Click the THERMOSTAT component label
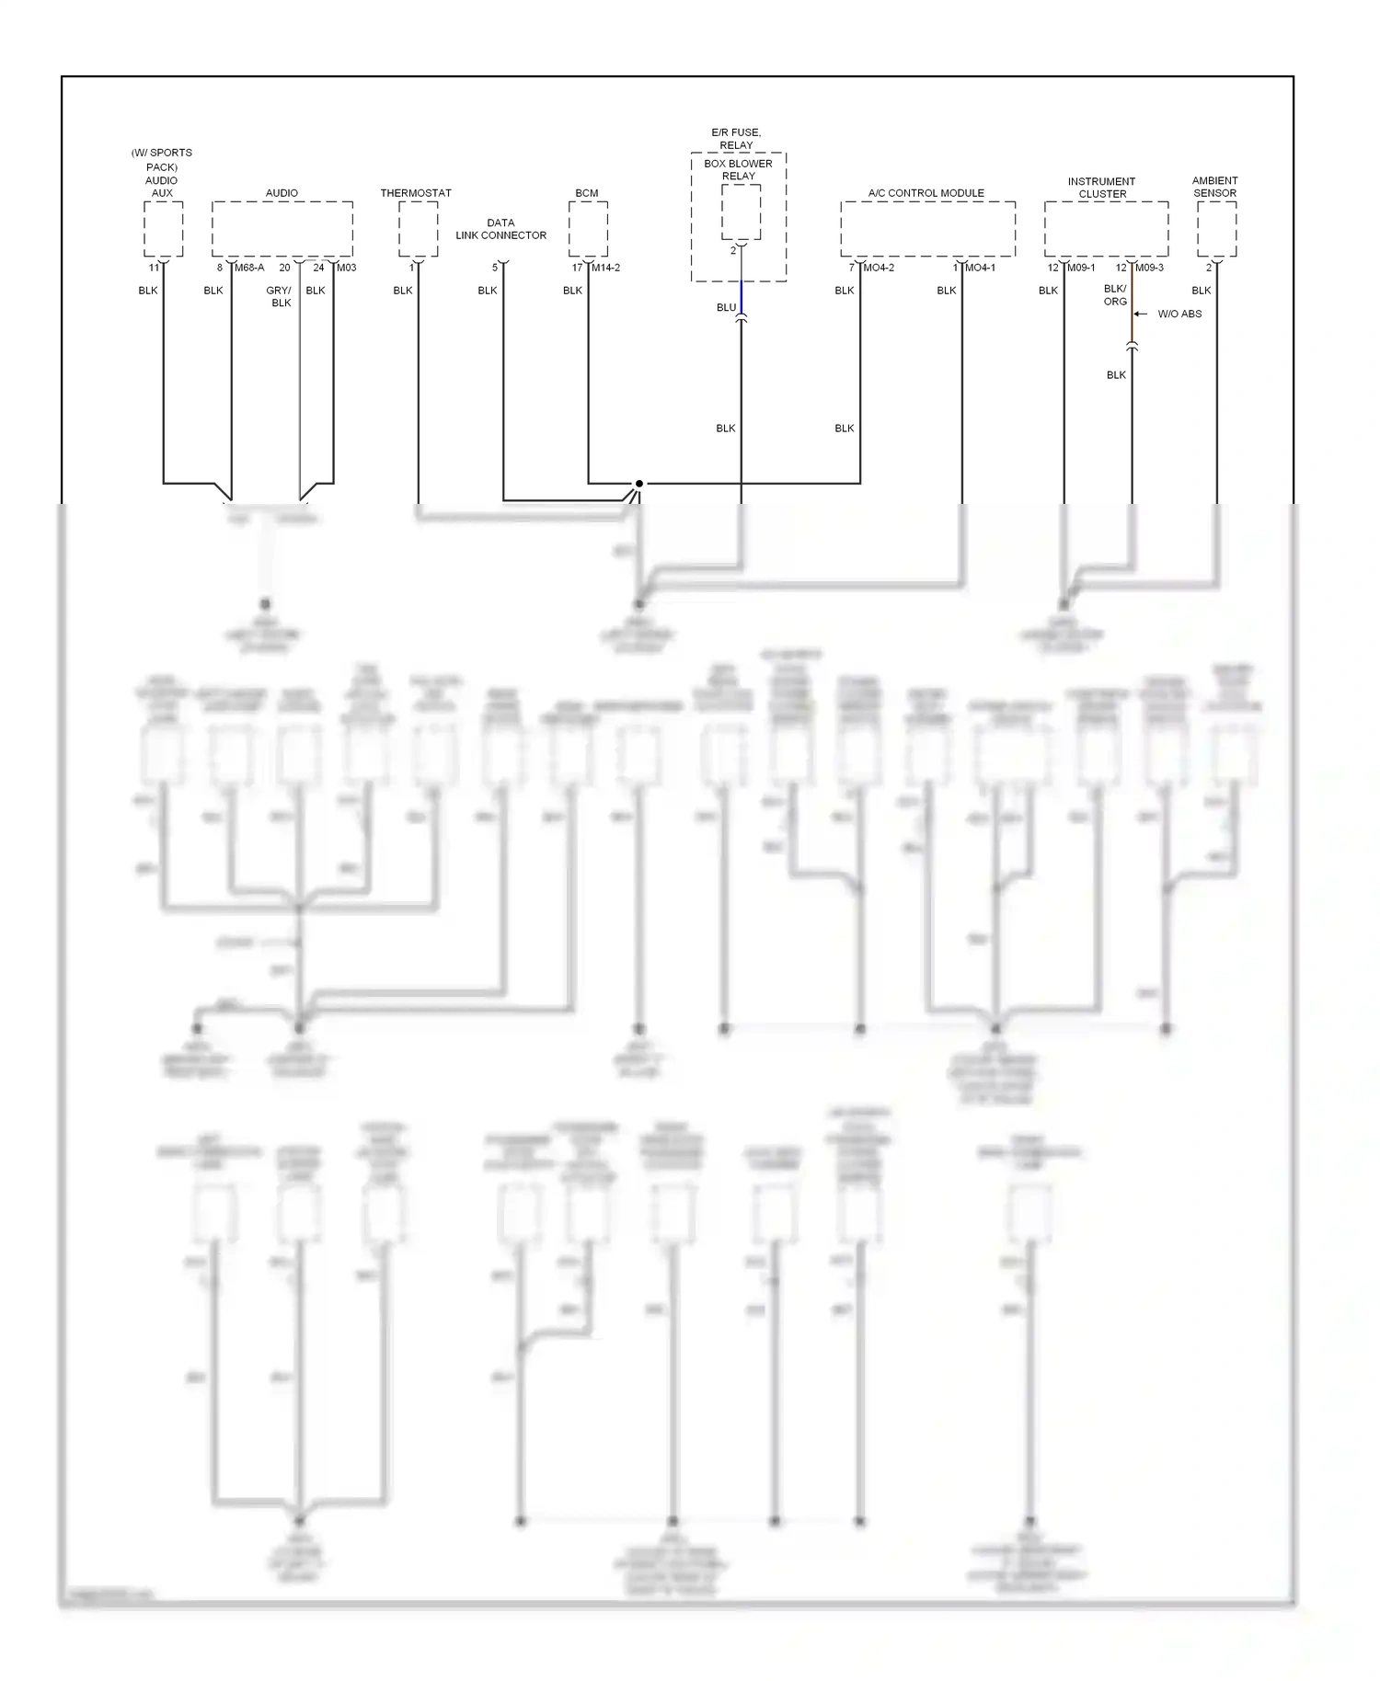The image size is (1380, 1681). tap(416, 193)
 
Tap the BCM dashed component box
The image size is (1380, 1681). tap(588, 229)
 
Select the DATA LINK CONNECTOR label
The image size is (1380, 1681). tap(500, 229)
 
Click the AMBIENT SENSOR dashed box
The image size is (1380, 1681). tap(1216, 229)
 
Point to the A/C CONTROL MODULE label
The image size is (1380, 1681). tap(926, 193)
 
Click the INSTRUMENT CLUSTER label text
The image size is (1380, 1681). tap(1102, 188)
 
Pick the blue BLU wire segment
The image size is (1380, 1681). tap(742, 297)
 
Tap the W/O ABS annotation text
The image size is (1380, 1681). tap(1179, 314)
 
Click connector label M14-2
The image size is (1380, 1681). tap(605, 268)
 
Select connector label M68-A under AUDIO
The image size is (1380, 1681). tap(249, 268)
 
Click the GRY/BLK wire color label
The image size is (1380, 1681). tap(280, 296)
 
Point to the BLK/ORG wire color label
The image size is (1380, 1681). tap(1115, 295)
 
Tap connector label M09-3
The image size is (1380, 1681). tap(1149, 268)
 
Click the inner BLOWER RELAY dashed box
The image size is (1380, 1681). tap(741, 212)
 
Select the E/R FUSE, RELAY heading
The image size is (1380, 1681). tap(736, 139)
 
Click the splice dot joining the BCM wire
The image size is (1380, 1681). tap(638, 483)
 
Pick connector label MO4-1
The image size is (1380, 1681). tap(980, 268)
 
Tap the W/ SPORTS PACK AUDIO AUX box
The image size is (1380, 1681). tap(163, 229)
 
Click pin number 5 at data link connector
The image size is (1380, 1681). tap(495, 268)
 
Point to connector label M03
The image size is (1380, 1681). tap(347, 268)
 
